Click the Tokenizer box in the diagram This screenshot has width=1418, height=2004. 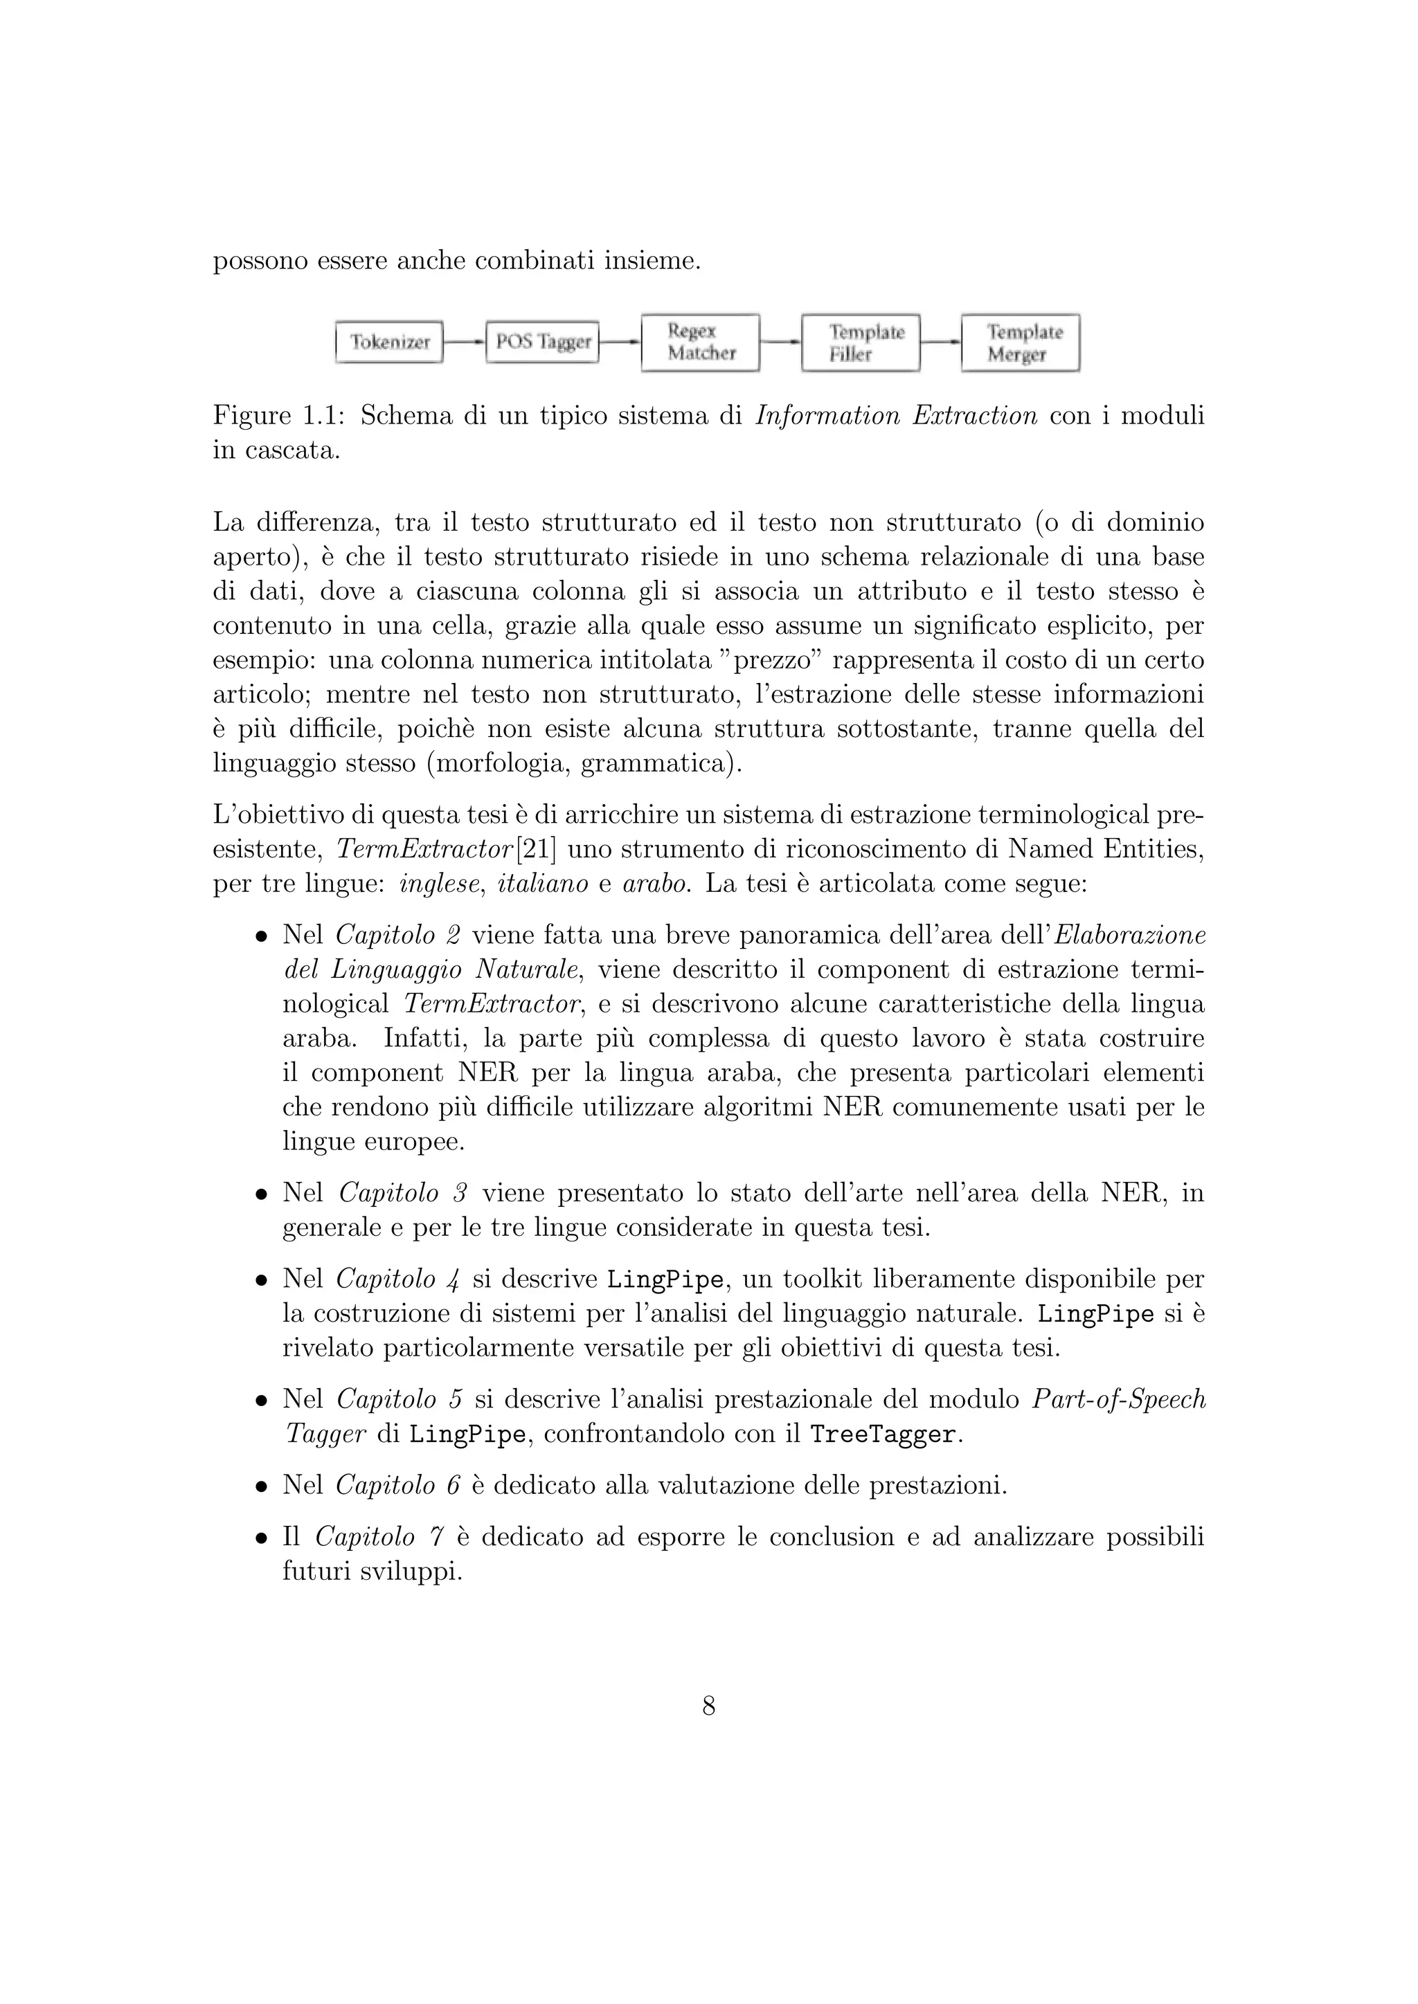389,342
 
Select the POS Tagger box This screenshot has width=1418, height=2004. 542,342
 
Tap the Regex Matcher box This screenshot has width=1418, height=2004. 700,342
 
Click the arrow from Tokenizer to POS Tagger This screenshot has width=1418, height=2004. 464,342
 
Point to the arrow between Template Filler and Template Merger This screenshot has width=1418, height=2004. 940,342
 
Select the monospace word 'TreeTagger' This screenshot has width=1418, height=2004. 883,1434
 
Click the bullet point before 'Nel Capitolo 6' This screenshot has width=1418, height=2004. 260,1486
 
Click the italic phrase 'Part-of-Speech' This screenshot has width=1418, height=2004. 1118,1399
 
